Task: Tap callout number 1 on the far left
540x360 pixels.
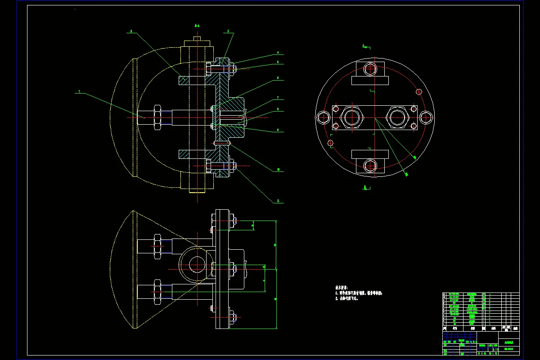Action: point(79,91)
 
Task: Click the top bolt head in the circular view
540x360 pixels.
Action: point(370,69)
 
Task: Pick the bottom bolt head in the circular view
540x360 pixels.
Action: point(370,166)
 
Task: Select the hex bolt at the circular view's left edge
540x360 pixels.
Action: point(323,117)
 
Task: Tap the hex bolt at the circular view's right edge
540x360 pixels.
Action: point(426,117)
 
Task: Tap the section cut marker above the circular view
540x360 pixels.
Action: point(365,46)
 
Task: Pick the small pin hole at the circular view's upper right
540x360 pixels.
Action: point(418,92)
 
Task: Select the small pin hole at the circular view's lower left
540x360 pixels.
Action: point(331,143)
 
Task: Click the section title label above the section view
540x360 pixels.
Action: point(197,26)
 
